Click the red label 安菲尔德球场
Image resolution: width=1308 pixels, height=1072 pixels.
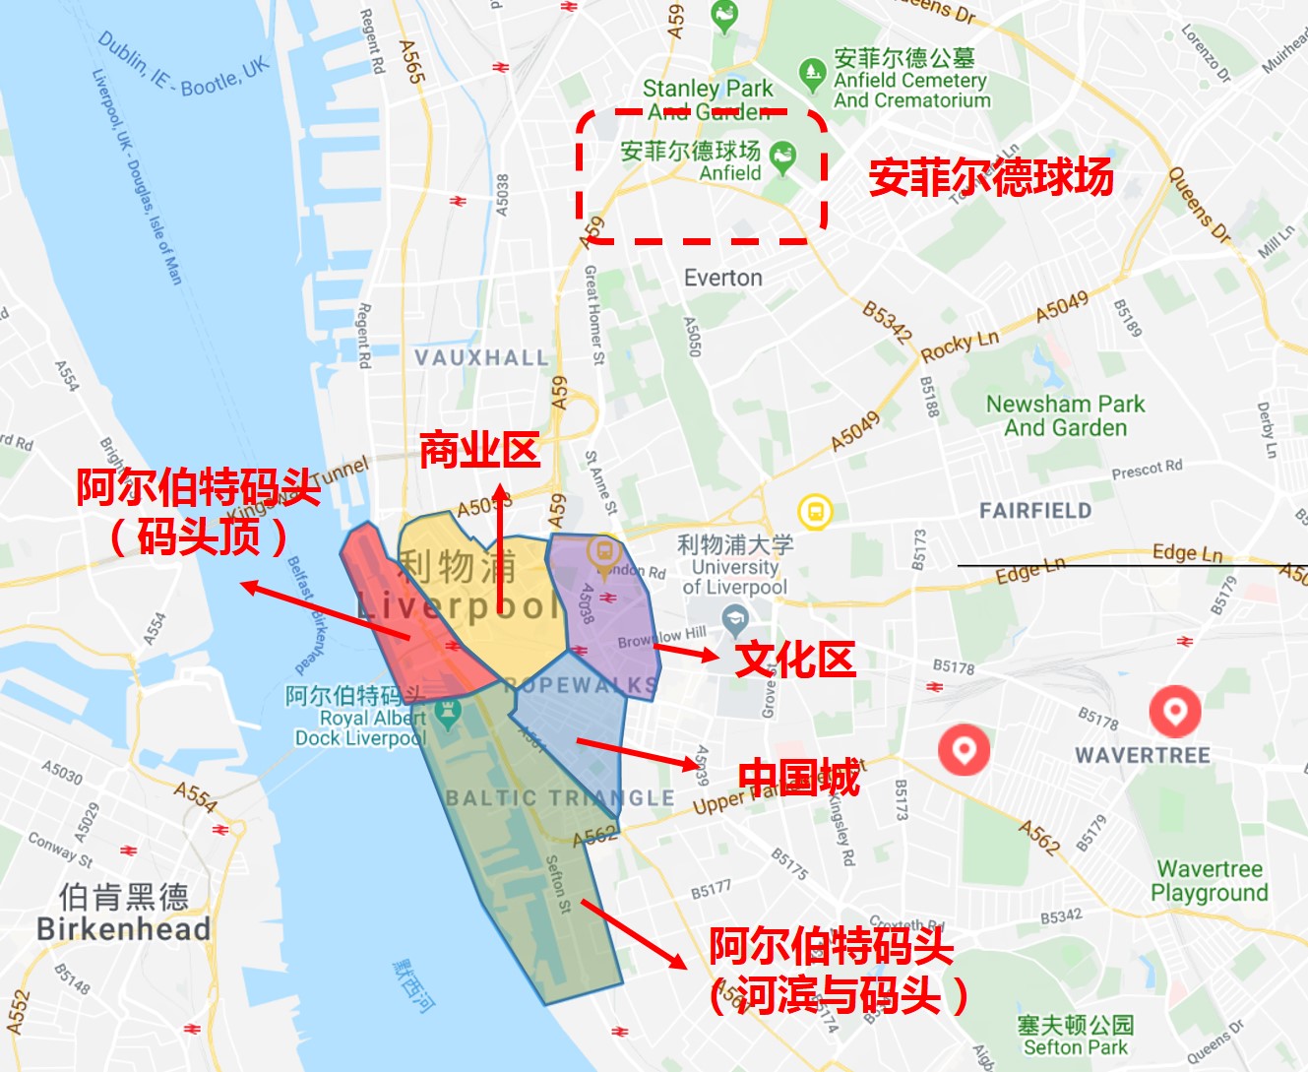[990, 178]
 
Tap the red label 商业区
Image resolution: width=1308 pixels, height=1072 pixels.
[479, 450]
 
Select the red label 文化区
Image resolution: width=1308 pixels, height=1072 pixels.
[795, 659]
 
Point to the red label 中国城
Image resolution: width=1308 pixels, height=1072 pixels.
[799, 778]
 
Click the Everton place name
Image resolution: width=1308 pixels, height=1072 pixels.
[723, 278]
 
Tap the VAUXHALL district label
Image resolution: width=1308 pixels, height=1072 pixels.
[481, 357]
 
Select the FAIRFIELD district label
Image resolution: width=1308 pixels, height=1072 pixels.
[1035, 510]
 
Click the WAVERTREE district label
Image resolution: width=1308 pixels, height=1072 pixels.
[1142, 755]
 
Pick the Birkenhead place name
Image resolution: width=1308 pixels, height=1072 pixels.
[123, 928]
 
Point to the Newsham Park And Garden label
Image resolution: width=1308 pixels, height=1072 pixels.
[1066, 415]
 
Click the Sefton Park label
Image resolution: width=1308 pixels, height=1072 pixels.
[1075, 1037]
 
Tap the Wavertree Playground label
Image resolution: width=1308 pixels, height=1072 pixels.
[1210, 881]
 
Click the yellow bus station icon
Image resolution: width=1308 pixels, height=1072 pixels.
[815, 512]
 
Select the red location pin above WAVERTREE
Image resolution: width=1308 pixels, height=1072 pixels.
[1175, 710]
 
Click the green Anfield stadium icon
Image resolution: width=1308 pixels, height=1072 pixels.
[783, 155]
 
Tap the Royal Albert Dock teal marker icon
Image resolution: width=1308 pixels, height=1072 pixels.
[448, 712]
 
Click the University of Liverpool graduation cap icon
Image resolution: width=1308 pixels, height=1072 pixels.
[734, 620]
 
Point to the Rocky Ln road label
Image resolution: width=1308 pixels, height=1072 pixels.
[960, 346]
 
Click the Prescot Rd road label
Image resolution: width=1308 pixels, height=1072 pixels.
[1147, 471]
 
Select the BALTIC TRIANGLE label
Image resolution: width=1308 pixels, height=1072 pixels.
[560, 798]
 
